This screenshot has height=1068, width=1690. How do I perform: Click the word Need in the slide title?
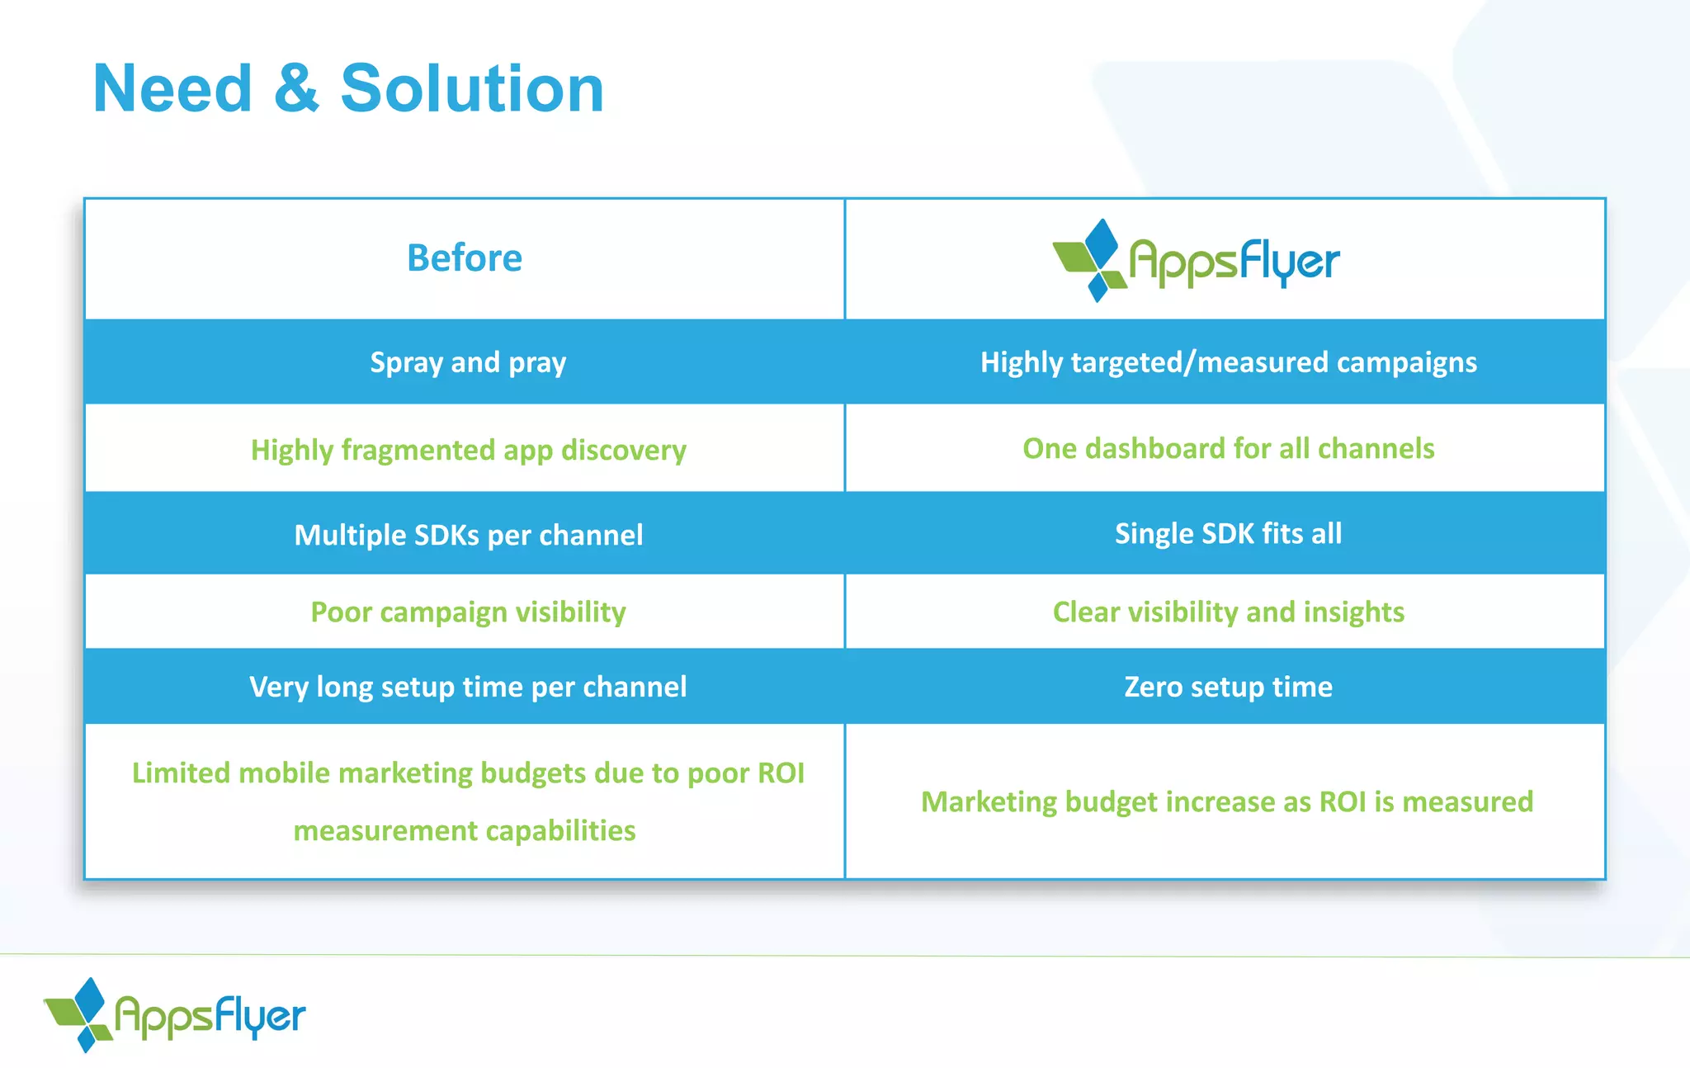pyautogui.click(x=172, y=89)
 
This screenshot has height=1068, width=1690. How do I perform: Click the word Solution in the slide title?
pyautogui.click(x=472, y=89)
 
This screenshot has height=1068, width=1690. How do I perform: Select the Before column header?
pyautogui.click(x=465, y=258)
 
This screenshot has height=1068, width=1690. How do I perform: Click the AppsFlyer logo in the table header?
pyautogui.click(x=1196, y=261)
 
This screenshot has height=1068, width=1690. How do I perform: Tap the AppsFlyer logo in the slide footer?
pyautogui.click(x=175, y=1015)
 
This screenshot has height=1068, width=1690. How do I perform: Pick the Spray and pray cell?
pyautogui.click(x=468, y=362)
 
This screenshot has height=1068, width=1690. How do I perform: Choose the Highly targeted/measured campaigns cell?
pyautogui.click(x=1228, y=362)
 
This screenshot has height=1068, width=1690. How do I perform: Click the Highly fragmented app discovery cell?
pyautogui.click(x=468, y=450)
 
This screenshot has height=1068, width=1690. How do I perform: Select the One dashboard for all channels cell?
pyautogui.click(x=1228, y=448)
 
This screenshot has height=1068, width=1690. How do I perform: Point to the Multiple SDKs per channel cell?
pyautogui.click(x=468, y=535)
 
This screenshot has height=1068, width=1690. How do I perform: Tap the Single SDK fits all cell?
pyautogui.click(x=1228, y=533)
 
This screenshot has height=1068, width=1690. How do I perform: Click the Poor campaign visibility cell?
pyautogui.click(x=468, y=612)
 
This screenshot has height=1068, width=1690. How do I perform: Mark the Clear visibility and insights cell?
pyautogui.click(x=1228, y=612)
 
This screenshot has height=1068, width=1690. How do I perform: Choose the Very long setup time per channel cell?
pyautogui.click(x=468, y=687)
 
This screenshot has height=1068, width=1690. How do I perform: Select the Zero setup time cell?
pyautogui.click(x=1228, y=687)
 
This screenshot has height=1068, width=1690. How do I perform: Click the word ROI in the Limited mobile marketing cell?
pyautogui.click(x=781, y=773)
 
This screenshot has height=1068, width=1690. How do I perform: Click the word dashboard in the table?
pyautogui.click(x=1154, y=448)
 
